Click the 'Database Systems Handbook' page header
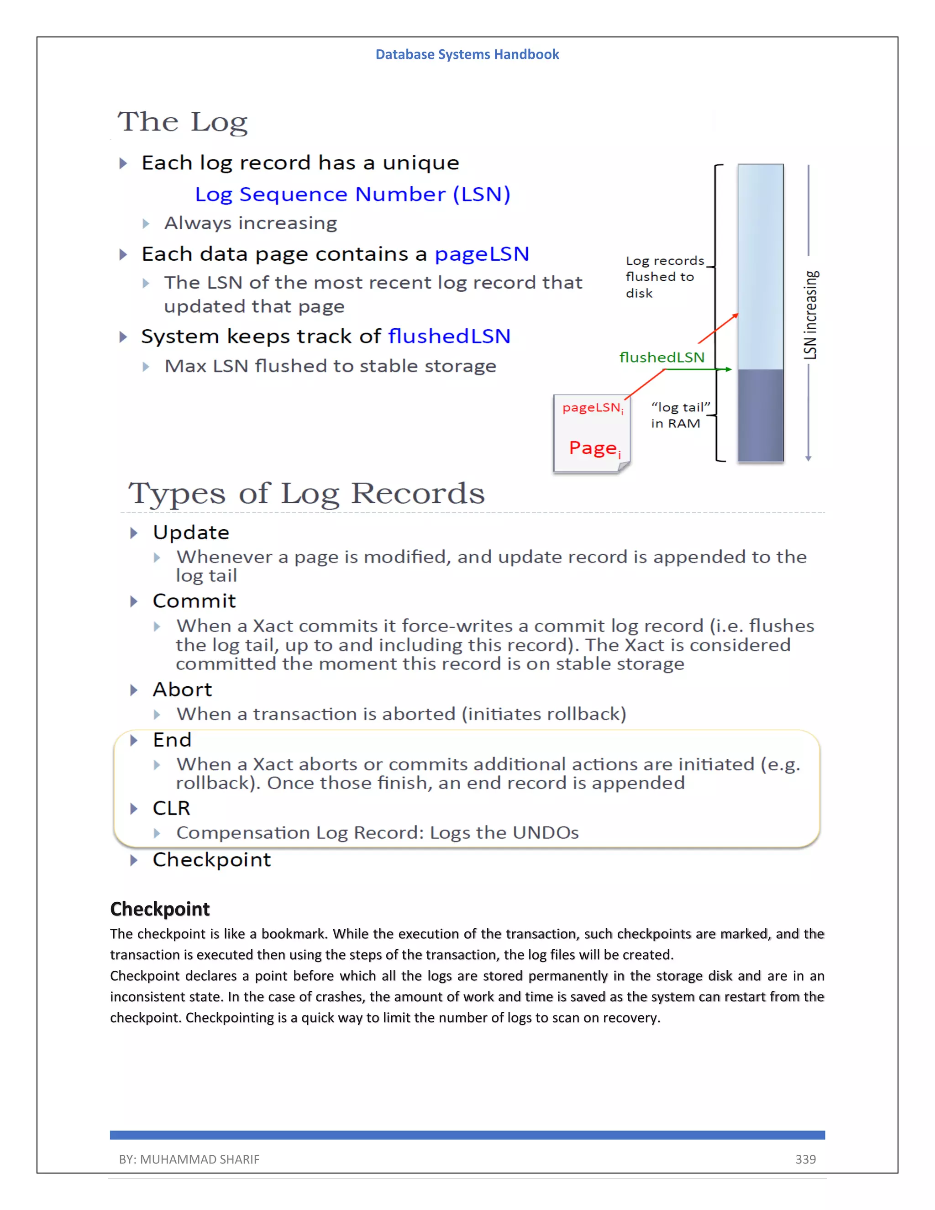(x=467, y=54)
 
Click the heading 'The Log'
(x=182, y=122)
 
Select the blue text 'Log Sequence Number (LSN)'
(x=352, y=195)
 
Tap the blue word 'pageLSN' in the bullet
(x=481, y=254)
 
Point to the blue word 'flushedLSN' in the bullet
(x=449, y=337)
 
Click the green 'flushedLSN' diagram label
(x=662, y=358)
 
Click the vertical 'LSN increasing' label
(x=810, y=314)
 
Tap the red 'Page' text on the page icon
(x=593, y=447)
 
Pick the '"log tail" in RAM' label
(x=680, y=415)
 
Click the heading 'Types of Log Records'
(x=306, y=493)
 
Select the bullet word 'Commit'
(x=194, y=601)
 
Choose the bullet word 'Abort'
(x=182, y=690)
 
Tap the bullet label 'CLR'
(x=171, y=808)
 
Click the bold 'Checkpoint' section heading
(x=159, y=909)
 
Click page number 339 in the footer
(x=805, y=1159)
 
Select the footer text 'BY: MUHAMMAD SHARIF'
(x=189, y=1159)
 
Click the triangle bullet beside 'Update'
(x=133, y=533)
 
